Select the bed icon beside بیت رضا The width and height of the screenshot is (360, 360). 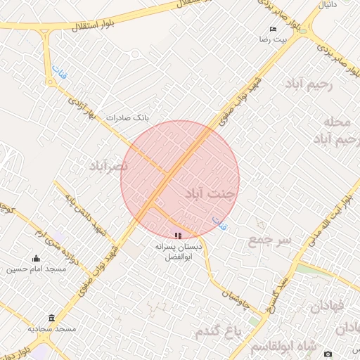[274, 29]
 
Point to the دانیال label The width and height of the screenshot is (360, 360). [329, 5]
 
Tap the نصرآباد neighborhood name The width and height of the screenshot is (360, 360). [109, 166]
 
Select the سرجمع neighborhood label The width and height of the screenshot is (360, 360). [269, 240]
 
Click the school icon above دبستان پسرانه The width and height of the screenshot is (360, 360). [178, 235]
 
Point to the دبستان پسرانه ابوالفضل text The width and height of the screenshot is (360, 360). [179, 252]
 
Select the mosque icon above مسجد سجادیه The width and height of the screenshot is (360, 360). [51, 318]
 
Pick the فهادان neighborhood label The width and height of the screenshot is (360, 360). [326, 306]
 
